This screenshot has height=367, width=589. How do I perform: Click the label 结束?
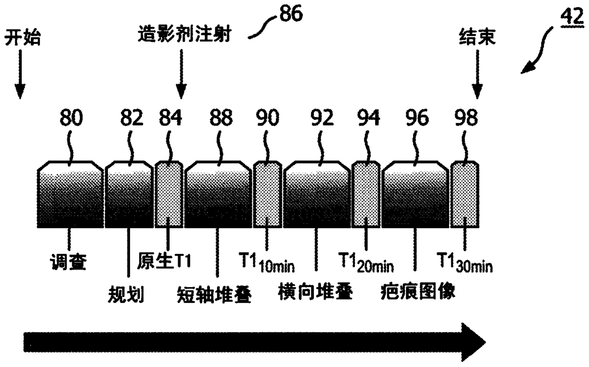point(477,37)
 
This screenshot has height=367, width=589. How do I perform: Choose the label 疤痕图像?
point(418,291)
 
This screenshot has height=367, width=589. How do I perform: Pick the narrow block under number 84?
point(169,194)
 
